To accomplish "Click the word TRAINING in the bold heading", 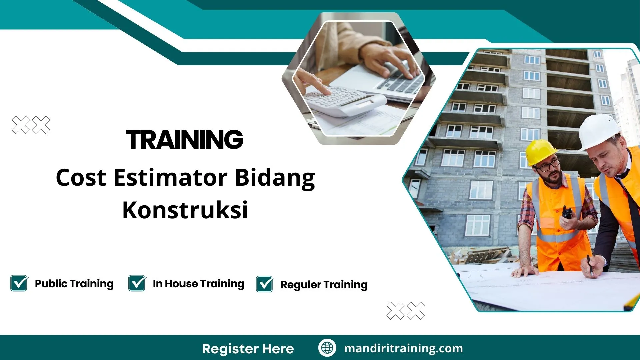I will [x=184, y=140].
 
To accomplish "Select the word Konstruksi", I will [x=185, y=210].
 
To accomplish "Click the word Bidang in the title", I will [x=275, y=178].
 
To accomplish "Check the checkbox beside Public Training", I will [x=19, y=283].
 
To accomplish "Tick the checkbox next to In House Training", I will [x=137, y=283].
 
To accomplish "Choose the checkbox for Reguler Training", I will [x=265, y=284].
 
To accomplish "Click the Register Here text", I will [x=248, y=349].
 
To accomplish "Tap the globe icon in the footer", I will [x=327, y=348].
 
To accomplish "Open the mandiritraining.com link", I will [x=403, y=348].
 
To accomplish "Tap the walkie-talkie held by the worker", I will [x=567, y=212].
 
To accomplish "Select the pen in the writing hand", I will [x=590, y=265].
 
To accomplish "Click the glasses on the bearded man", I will [x=548, y=165].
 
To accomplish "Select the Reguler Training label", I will [x=324, y=285].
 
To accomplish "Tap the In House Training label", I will [x=198, y=284].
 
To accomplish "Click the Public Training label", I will [x=74, y=284].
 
